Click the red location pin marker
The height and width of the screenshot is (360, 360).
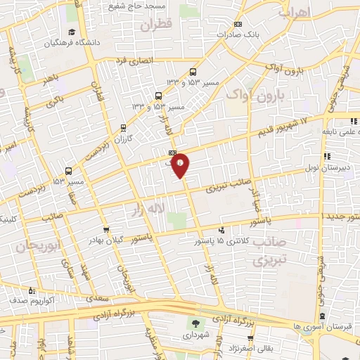[181, 164]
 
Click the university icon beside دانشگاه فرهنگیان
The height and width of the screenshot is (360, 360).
[72, 32]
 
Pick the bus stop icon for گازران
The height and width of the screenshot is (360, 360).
[124, 128]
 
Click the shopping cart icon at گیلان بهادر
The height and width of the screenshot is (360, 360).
[105, 229]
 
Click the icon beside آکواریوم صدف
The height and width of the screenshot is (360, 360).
[31, 290]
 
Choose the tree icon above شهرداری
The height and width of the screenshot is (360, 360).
[195, 324]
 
